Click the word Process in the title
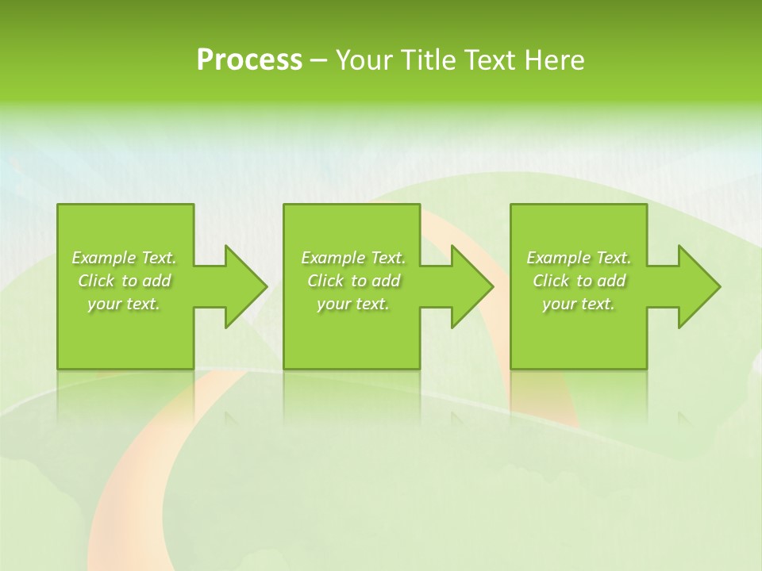click(249, 60)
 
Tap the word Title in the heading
click(429, 60)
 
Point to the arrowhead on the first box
click(243, 286)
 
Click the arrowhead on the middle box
click(469, 286)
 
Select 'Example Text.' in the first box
click(124, 258)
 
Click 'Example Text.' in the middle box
click(353, 258)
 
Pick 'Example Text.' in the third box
click(579, 258)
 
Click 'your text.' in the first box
click(124, 304)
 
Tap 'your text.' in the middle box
click(353, 304)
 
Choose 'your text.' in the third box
click(579, 304)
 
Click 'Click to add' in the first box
click(124, 281)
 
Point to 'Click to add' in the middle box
click(353, 281)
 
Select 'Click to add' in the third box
click(579, 281)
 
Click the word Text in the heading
click(491, 60)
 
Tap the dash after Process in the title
click(318, 60)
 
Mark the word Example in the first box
click(104, 258)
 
